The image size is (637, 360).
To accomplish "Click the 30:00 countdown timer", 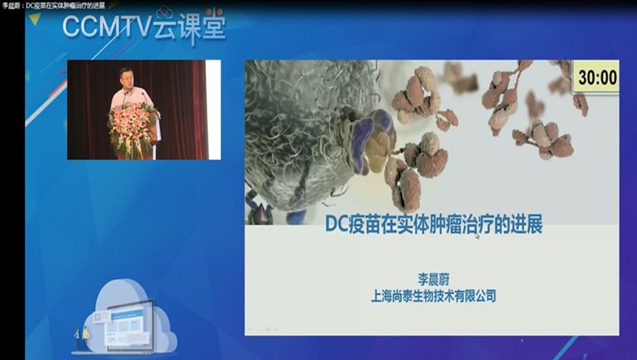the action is (x=597, y=77).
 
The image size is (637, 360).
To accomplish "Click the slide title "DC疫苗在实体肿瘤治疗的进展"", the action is (x=434, y=224).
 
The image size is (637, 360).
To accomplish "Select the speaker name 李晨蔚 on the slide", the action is (x=434, y=279).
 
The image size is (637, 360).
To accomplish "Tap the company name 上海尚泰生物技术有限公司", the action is (x=434, y=296).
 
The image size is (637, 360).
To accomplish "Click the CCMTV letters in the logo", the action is (x=107, y=27).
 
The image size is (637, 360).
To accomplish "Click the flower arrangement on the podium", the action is (x=130, y=128).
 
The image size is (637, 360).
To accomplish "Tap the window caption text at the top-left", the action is (x=53, y=5).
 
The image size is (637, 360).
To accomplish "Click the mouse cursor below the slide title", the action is (x=477, y=236).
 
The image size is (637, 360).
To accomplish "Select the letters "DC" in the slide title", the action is (x=337, y=224).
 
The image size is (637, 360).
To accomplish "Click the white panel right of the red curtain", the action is (x=214, y=110).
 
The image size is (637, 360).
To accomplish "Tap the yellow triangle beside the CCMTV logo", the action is (x=35, y=18).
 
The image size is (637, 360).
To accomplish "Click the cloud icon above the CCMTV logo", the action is (x=164, y=12).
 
